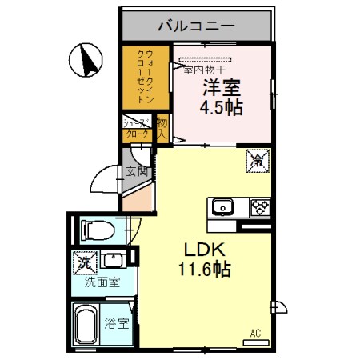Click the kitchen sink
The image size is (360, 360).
point(222,208)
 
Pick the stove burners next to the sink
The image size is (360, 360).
point(260,207)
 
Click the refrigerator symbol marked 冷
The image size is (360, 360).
point(260,160)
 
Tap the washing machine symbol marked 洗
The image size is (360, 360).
point(83,262)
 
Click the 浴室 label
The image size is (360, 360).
point(116,324)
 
